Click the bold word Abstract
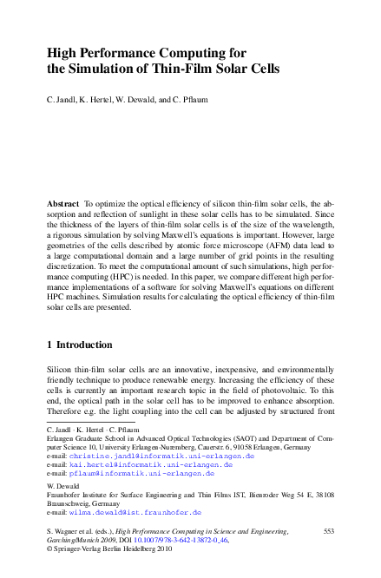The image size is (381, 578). click(x=62, y=202)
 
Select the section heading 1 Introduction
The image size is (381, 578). click(x=79, y=345)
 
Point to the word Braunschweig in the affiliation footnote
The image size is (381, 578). click(x=66, y=502)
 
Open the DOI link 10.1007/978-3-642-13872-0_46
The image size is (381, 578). click(x=200, y=539)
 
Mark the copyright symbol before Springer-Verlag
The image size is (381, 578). click(x=49, y=548)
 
